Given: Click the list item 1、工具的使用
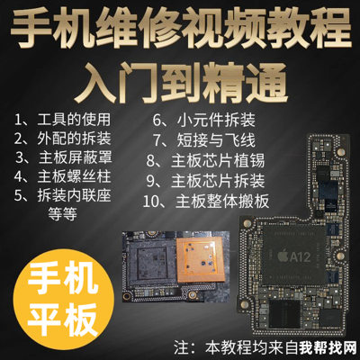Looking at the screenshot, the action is pyautogui.click(x=62, y=120).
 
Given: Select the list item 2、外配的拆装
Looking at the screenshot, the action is pyautogui.click(x=62, y=139).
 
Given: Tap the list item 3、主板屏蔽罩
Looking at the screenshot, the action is pyautogui.click(x=64, y=157).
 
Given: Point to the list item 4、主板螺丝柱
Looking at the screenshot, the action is pyautogui.click(x=62, y=176).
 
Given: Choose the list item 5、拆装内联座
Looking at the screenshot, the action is pyautogui.click(x=62, y=195).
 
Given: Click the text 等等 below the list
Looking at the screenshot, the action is pyautogui.click(x=63, y=214).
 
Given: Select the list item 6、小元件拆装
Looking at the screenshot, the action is pyautogui.click(x=204, y=121).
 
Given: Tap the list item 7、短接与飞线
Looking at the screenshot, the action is pyautogui.click(x=204, y=140).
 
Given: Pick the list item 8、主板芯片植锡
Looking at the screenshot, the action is pyautogui.click(x=205, y=161).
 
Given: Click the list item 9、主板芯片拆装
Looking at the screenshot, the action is pyautogui.click(x=205, y=181).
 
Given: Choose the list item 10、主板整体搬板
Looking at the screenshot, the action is pyautogui.click(x=206, y=202).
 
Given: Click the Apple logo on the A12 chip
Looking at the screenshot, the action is pyautogui.click(x=283, y=256).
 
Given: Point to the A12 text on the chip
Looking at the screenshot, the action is pyautogui.click(x=300, y=257).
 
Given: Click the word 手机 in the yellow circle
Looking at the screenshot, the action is pyautogui.click(x=63, y=282).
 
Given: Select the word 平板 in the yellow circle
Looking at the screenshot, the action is pyautogui.click(x=63, y=319).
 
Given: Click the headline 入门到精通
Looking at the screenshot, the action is pyautogui.click(x=181, y=83).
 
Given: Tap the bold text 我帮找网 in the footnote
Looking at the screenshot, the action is pyautogui.click(x=328, y=350).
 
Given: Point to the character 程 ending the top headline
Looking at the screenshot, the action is pyautogui.click(x=330, y=28).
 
